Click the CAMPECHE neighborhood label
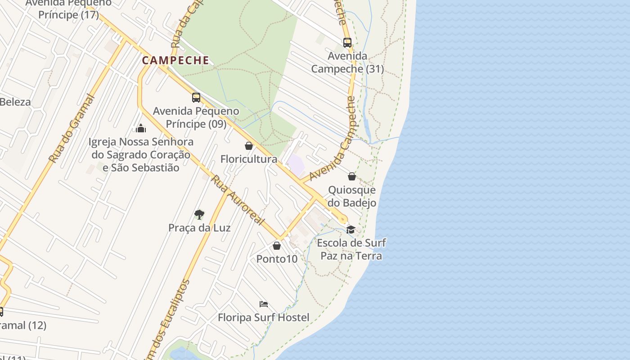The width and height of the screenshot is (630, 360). (176, 60)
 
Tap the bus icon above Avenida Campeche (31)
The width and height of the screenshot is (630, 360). (347, 43)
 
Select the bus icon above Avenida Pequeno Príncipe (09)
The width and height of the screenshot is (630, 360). (196, 98)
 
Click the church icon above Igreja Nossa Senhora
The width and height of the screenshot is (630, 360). (141, 129)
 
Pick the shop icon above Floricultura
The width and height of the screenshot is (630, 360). (249, 146)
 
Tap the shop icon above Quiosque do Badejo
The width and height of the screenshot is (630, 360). (352, 176)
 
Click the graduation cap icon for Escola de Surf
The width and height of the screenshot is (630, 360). (351, 229)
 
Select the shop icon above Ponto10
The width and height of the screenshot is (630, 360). (277, 246)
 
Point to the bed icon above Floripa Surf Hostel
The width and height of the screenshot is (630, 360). (264, 304)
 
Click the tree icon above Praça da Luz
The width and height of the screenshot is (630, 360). (199, 214)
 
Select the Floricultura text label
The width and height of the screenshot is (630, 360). (249, 159)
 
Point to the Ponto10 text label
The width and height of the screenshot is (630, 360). (277, 259)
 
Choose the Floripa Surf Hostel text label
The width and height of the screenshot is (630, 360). (264, 318)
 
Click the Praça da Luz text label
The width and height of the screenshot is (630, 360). (199, 228)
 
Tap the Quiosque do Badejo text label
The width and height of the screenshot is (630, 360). (352, 196)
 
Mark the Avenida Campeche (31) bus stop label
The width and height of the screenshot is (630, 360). (347, 63)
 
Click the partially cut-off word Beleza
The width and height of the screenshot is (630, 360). (15, 102)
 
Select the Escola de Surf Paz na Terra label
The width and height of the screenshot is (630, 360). (351, 249)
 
